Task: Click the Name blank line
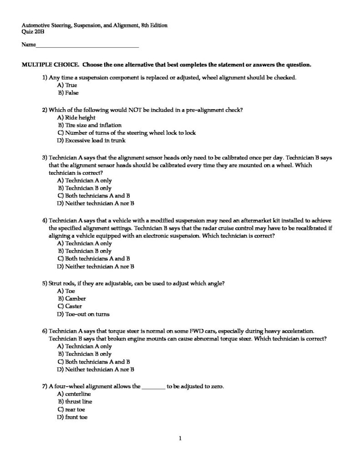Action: coord(87,46)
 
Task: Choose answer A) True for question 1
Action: coord(67,85)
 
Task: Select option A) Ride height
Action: coord(76,117)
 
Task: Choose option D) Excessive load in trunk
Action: coord(91,141)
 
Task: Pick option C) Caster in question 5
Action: coord(69,306)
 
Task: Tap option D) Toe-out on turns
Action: coord(83,314)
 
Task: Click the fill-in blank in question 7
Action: coord(154,387)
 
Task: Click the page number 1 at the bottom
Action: coord(180,439)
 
